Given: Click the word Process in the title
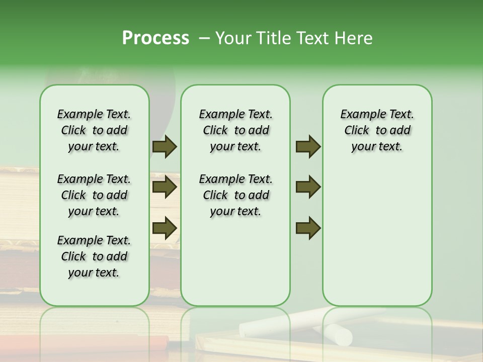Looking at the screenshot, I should (155, 38).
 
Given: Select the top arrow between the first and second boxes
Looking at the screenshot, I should (165, 146).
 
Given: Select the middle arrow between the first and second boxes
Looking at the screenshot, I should (165, 187).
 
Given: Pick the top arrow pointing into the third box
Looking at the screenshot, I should (308, 146).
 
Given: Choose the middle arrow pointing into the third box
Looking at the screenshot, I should (308, 187).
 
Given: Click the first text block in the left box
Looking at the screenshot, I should (94, 130).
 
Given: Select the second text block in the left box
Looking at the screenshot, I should (94, 195).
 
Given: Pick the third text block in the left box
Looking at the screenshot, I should (94, 256).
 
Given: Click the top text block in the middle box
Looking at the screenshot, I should (235, 130).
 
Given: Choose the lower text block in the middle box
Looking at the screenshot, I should (235, 195).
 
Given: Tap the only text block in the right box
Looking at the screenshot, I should (377, 130).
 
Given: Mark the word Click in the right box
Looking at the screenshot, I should (357, 131).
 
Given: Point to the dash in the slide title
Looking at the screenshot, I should (204, 38).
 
